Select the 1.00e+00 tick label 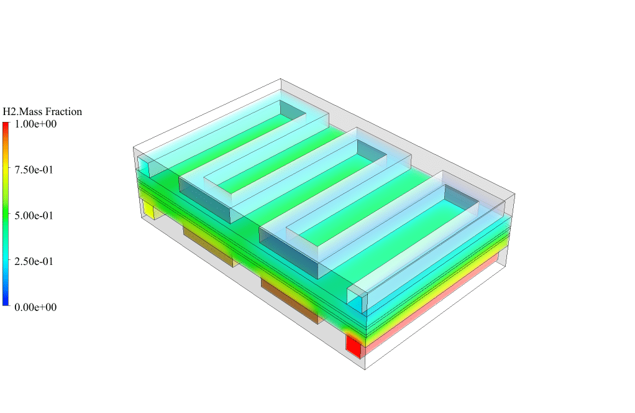click(x=35, y=124)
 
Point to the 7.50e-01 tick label click(x=35, y=170)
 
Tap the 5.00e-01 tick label click(x=35, y=216)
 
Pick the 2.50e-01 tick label click(x=35, y=261)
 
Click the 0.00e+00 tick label click(x=35, y=307)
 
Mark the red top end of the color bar click(x=6, y=125)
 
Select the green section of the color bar click(x=6, y=215)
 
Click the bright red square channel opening click(x=354, y=346)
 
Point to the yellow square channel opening click(x=149, y=210)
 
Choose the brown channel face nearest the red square click(x=290, y=300)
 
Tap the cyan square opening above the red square click(x=355, y=300)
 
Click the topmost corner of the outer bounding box click(x=281, y=79)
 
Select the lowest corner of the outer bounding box click(x=365, y=370)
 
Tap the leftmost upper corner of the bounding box click(x=134, y=147)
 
